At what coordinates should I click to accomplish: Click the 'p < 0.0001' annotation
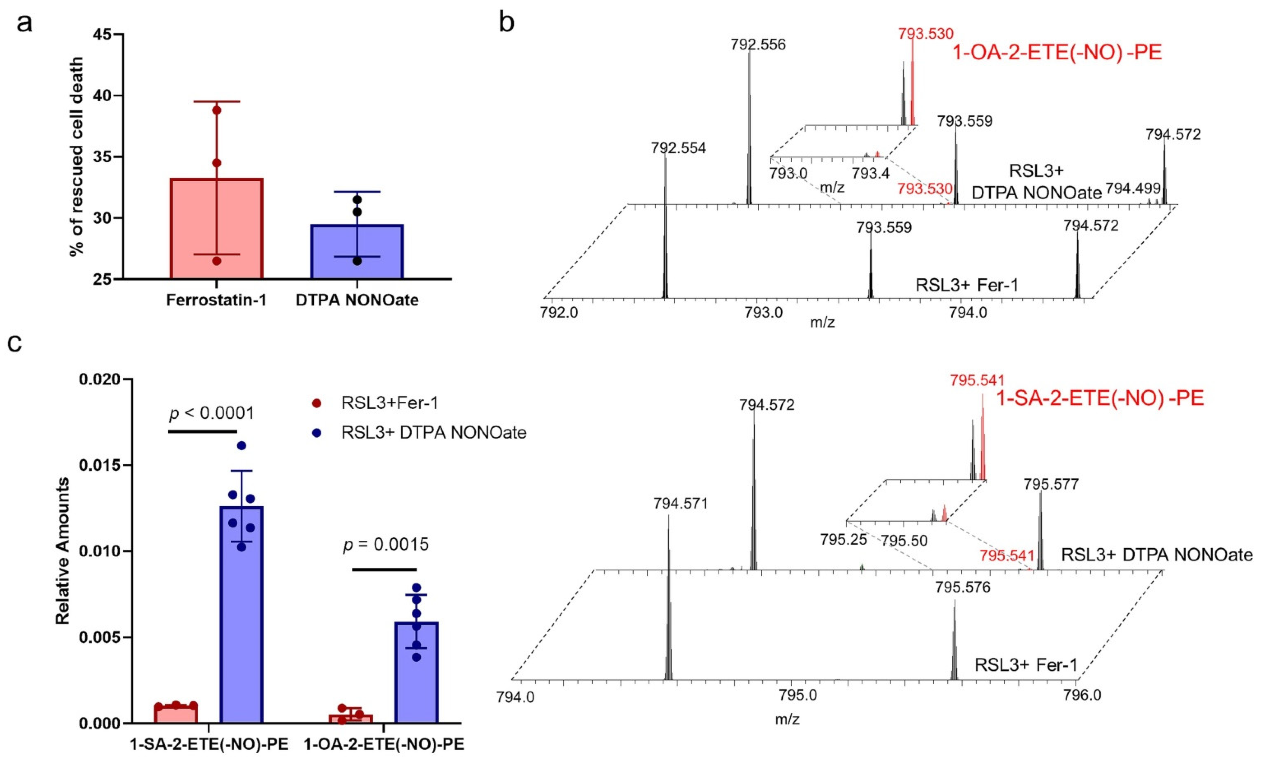tap(211, 413)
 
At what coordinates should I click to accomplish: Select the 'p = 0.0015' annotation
tap(386, 545)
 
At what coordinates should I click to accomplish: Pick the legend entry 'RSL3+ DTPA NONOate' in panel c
tap(433, 433)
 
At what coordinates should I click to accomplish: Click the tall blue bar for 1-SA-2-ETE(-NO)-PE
tap(242, 614)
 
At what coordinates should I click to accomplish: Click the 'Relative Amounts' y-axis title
tap(62, 551)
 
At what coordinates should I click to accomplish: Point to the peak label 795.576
tap(963, 587)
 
